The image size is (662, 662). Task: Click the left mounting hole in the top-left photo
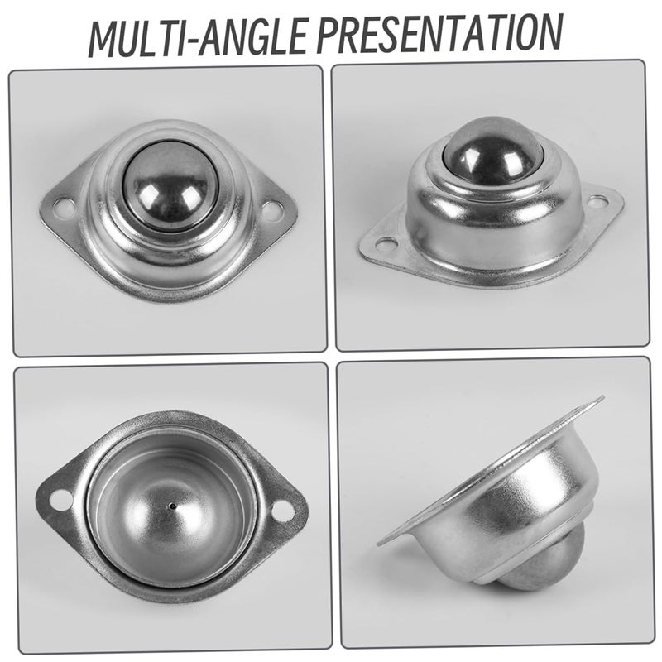(63, 204)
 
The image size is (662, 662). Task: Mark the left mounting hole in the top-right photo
(386, 244)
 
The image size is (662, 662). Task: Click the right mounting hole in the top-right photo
(597, 201)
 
